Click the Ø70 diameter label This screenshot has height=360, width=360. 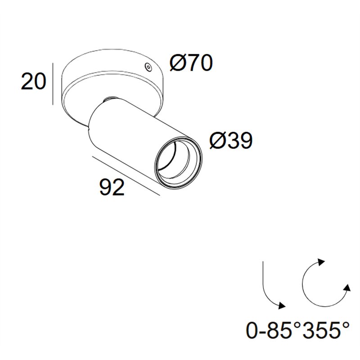(191, 63)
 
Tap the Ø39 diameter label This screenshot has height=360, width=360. (231, 140)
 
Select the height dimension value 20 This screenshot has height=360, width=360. (33, 81)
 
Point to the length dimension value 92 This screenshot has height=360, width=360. (112, 187)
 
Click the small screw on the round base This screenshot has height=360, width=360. (148, 67)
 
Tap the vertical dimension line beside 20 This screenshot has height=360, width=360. (53, 84)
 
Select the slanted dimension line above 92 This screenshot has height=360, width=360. (126, 176)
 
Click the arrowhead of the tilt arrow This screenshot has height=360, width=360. (282, 306)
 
